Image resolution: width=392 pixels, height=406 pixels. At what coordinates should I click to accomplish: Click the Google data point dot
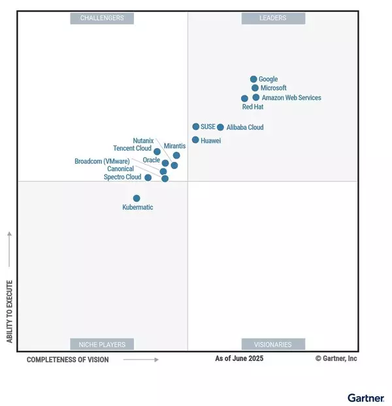(253, 79)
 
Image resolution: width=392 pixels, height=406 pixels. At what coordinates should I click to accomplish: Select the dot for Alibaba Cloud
(220, 127)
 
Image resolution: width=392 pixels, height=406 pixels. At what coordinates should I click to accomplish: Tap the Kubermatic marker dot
(137, 198)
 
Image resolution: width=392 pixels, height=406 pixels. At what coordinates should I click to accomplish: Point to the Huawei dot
(195, 140)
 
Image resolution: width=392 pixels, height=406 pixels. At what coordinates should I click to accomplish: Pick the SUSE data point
(195, 127)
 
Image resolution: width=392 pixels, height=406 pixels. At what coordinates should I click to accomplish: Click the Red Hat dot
(244, 99)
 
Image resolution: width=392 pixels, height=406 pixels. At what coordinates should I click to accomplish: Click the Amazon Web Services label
(291, 98)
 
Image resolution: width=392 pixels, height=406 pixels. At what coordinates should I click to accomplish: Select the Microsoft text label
(273, 88)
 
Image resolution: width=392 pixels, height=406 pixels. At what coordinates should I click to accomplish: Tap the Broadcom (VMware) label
(102, 161)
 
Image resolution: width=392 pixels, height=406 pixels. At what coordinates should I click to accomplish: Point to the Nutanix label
(143, 140)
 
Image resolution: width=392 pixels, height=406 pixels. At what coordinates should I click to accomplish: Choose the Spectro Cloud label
(122, 177)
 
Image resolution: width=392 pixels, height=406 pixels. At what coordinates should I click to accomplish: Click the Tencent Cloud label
(132, 148)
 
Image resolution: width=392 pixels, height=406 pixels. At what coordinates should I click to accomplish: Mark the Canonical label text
(120, 169)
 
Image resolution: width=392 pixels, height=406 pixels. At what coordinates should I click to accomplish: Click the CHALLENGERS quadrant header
(102, 18)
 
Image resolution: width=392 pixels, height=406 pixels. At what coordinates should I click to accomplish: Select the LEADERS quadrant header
(272, 18)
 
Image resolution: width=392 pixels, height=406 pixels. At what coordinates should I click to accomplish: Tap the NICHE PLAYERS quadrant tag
(102, 344)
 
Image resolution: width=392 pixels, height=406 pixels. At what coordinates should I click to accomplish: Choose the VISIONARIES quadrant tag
(272, 344)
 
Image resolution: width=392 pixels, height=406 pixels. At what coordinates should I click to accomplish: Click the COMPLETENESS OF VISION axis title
(68, 360)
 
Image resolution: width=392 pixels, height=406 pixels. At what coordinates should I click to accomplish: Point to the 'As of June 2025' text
(239, 358)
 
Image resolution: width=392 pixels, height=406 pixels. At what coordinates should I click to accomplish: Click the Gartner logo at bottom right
(365, 398)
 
